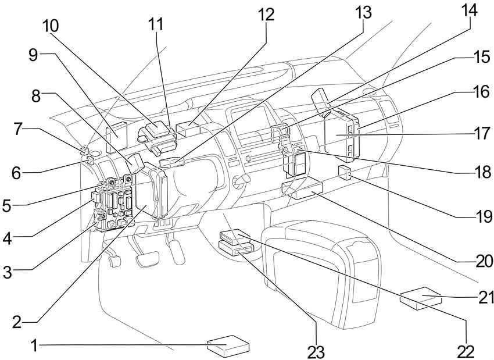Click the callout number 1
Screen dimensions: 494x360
click(35, 345)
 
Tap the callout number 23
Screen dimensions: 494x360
click(316, 351)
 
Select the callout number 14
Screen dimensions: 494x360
click(470, 10)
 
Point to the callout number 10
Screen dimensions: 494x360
click(51, 26)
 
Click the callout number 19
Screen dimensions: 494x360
click(483, 216)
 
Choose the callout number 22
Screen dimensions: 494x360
click(466, 351)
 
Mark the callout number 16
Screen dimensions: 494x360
click(481, 91)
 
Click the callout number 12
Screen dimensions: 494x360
click(266, 14)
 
